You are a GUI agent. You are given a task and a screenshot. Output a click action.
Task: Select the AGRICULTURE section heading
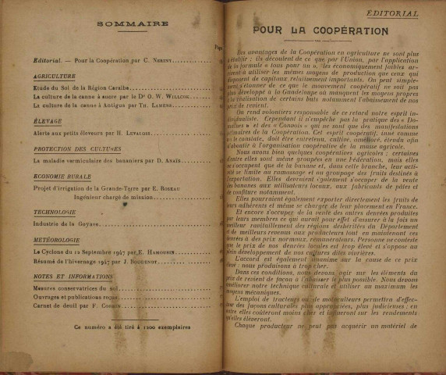(x=55, y=77)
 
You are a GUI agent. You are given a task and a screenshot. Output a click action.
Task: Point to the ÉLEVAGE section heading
(x=48, y=121)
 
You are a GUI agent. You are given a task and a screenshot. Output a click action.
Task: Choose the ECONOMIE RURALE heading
(x=64, y=177)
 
